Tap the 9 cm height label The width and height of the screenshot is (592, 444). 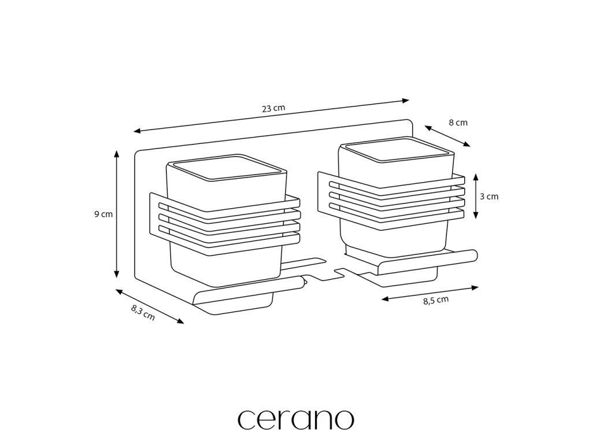[x=103, y=214]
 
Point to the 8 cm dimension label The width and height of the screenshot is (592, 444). [x=458, y=123]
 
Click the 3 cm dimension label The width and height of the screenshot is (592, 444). [x=489, y=196]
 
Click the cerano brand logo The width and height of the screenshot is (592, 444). [x=295, y=419]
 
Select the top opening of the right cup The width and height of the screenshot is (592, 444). [x=396, y=151]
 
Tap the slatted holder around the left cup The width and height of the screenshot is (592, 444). [x=225, y=223]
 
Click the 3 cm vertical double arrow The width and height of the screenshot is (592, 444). [x=475, y=197]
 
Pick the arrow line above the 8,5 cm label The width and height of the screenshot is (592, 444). [x=430, y=292]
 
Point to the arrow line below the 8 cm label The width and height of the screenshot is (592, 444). [x=447, y=136]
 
